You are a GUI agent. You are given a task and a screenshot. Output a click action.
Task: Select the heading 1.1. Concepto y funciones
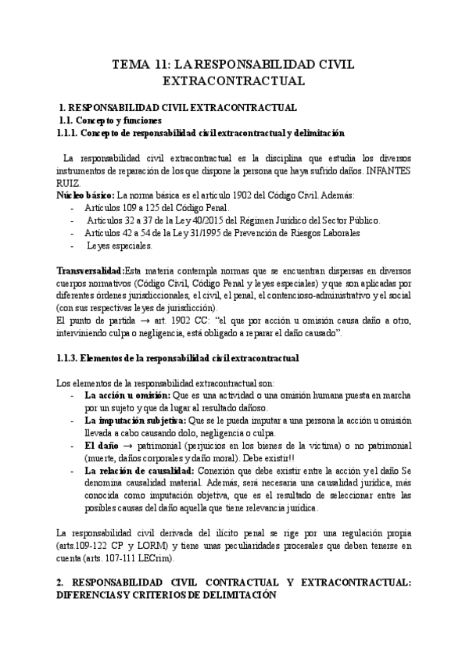pyautogui.click(x=111, y=121)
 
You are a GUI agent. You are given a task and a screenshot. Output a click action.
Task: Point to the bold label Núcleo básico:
pyautogui.click(x=85, y=194)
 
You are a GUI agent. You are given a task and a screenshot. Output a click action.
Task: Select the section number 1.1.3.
pyautogui.click(x=73, y=358)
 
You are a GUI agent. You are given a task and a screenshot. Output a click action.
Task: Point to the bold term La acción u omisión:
pyautogui.click(x=127, y=396)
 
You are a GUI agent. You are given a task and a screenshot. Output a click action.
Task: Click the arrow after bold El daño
pyautogui.click(x=126, y=446)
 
